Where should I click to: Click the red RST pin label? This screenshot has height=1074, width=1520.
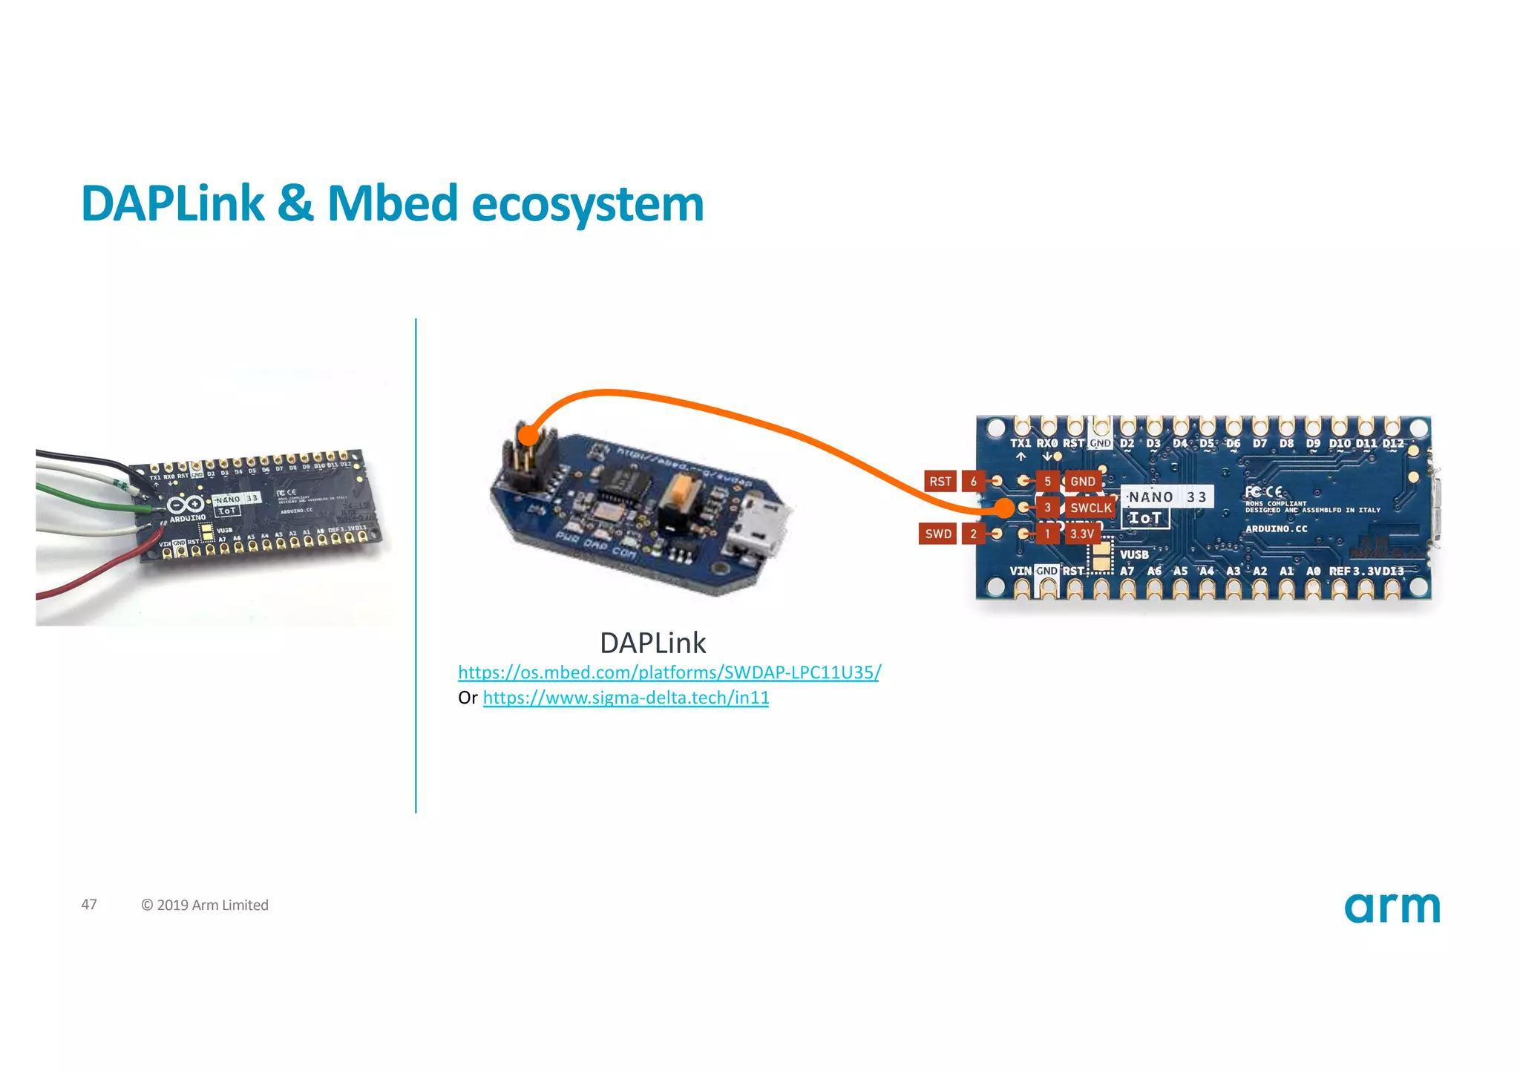point(940,481)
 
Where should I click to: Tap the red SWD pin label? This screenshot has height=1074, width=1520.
point(937,534)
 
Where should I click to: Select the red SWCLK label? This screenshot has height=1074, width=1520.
point(1090,508)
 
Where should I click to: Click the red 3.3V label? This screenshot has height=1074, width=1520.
point(1082,534)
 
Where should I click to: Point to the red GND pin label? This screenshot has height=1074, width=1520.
point(1082,481)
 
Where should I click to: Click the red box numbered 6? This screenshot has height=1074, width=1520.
point(973,481)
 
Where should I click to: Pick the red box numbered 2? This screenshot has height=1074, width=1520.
point(973,534)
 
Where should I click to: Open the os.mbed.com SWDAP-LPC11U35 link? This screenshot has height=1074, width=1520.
point(669,672)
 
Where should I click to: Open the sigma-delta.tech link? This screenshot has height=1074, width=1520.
point(626,698)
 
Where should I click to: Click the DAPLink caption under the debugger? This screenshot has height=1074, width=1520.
point(652,643)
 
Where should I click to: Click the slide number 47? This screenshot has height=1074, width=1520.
point(89,904)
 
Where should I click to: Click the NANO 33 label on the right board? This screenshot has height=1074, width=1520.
point(1167,497)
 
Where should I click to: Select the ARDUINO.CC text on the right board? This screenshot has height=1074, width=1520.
point(1276,528)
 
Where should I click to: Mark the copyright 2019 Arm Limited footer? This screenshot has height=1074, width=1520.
point(205,905)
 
